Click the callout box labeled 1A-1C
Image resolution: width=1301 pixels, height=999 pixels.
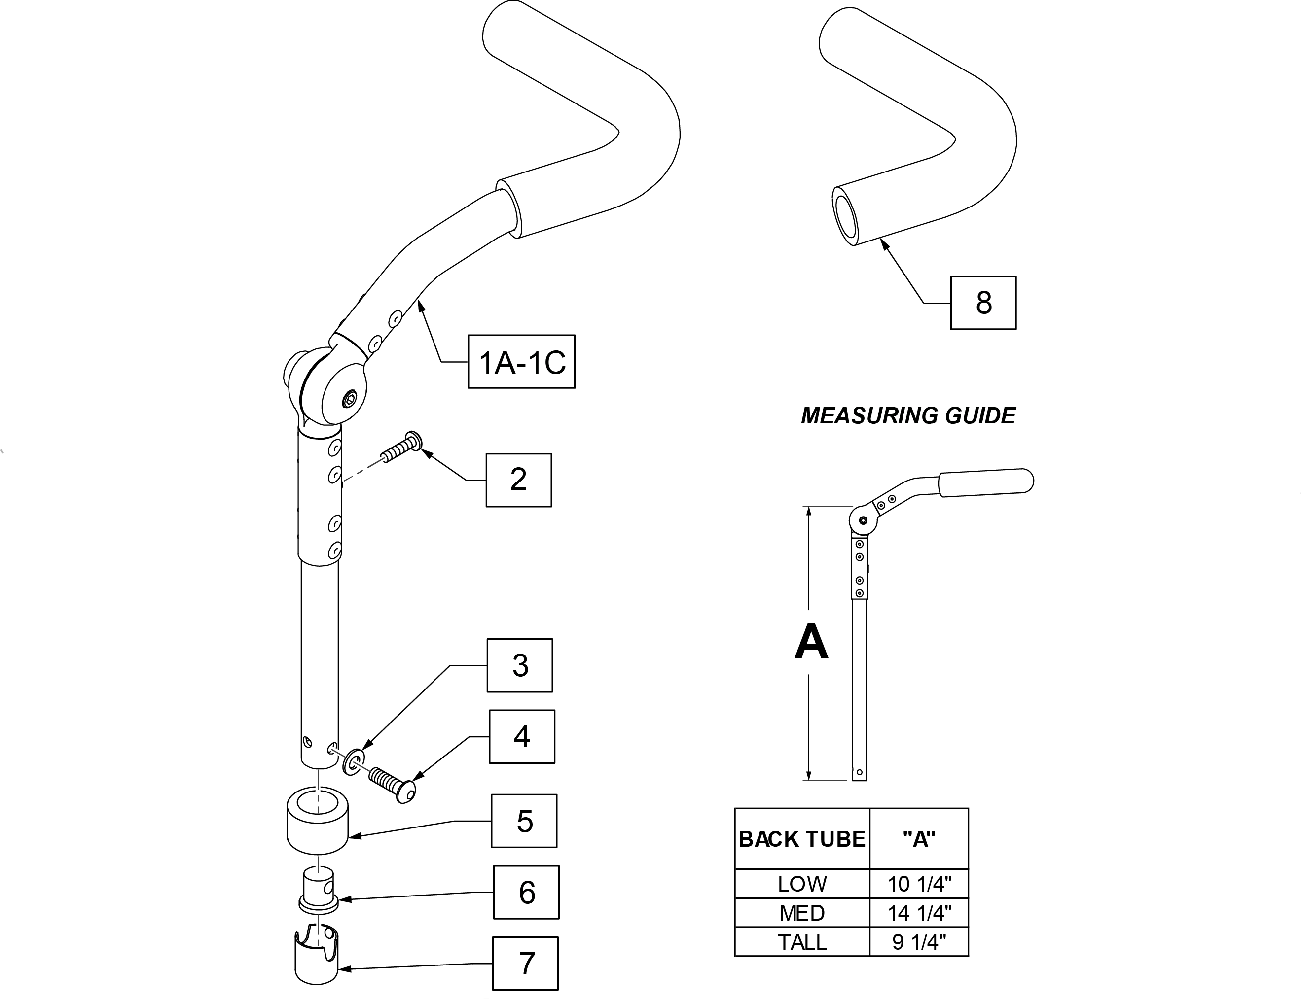coord(521,362)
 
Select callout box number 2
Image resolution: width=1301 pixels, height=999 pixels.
coord(519,480)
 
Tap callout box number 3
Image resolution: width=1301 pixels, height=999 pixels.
coord(520,665)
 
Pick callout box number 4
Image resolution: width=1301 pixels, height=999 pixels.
coord(522,737)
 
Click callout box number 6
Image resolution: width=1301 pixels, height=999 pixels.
coord(526,892)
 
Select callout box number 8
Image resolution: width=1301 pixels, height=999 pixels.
coord(983,303)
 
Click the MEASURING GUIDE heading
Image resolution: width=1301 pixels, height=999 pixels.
coord(908,415)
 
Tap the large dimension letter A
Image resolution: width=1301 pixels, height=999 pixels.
coord(811,642)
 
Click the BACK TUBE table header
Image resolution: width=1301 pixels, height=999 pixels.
coord(802,839)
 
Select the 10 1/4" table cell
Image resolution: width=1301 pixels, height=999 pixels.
coord(920,884)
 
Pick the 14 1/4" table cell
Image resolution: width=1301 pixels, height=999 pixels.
coord(920,913)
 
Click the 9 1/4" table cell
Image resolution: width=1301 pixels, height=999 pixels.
coord(920,942)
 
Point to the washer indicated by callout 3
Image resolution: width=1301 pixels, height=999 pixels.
coord(354,762)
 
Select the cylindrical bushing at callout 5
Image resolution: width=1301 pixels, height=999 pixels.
coord(318,821)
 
